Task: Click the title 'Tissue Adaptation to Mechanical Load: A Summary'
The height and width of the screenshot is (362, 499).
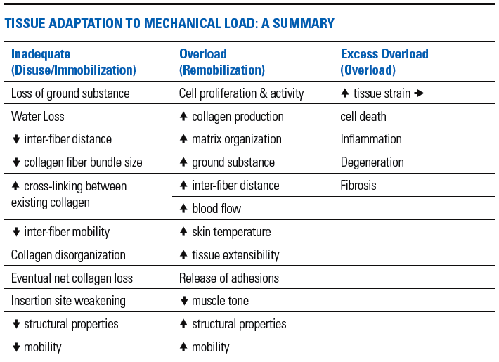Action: [169, 24]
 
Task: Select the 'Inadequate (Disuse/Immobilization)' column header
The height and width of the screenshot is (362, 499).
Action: [73, 62]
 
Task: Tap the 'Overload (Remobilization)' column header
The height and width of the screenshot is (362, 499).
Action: [221, 62]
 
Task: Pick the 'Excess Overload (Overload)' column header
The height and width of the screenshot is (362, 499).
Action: [384, 62]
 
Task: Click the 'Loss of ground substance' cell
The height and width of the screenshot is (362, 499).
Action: [70, 93]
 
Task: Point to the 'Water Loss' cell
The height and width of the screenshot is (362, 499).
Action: [39, 117]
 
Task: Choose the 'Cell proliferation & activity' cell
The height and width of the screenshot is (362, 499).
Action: [241, 93]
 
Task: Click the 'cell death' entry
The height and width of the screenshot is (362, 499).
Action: [363, 117]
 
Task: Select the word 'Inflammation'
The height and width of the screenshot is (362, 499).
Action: [371, 139]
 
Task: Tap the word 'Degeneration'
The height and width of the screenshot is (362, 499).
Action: [372, 162]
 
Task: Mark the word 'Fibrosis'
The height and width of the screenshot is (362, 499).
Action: [358, 186]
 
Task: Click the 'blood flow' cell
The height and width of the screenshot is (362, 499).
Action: [216, 209]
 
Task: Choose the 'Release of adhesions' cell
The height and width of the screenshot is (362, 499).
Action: [228, 278]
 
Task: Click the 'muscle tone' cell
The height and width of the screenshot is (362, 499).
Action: [220, 301]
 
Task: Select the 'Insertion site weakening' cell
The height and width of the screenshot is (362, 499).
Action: [68, 301]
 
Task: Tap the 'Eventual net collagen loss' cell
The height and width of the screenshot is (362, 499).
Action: [72, 278]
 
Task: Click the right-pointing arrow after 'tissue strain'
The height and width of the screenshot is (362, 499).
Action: [420, 93]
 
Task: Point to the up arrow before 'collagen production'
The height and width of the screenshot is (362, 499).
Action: [183, 117]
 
